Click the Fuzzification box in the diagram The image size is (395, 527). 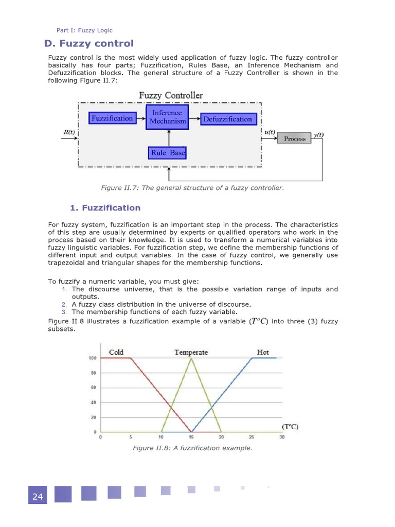[112, 119]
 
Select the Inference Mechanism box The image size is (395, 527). [168, 117]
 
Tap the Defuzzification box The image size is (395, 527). [227, 119]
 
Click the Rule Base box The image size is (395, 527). [168, 153]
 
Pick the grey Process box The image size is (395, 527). [294, 139]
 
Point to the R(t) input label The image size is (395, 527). [69, 132]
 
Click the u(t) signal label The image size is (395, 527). [270, 132]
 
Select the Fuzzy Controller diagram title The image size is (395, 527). [171, 96]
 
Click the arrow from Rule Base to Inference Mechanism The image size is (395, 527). [168, 137]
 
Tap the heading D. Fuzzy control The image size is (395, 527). [89, 44]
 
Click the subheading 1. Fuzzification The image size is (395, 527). [105, 208]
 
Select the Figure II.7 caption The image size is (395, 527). [192, 188]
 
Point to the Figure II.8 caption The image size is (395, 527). [192, 448]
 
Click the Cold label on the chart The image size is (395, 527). [116, 352]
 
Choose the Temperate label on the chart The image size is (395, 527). [191, 352]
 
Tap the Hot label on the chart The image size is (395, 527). [263, 352]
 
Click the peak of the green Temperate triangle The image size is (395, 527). [192, 358]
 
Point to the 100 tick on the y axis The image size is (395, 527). [93, 358]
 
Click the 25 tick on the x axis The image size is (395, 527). [252, 437]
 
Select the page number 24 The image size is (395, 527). [38, 497]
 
